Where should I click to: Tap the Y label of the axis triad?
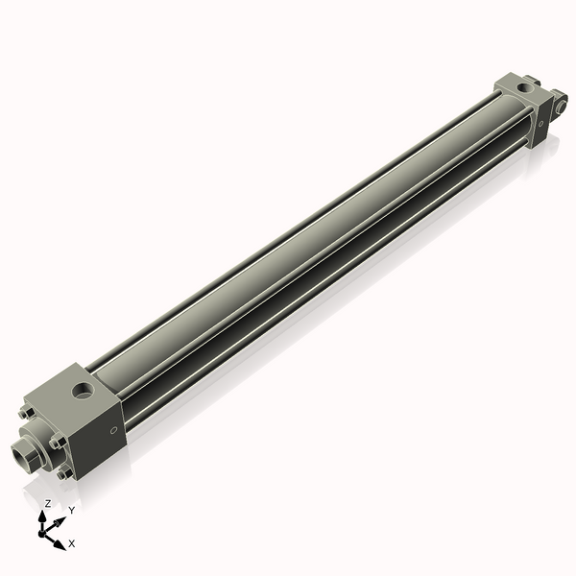71,510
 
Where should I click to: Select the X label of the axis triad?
71,543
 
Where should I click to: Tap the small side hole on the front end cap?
115,431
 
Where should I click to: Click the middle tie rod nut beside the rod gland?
57,442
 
